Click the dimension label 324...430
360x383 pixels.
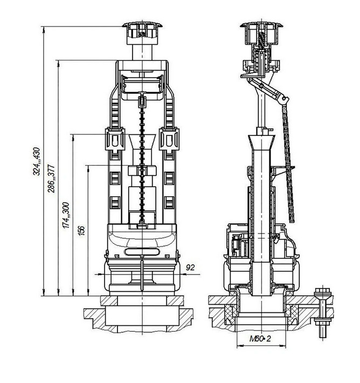tap(37, 161)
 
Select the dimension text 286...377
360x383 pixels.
tap(52, 179)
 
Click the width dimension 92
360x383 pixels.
tap(190, 268)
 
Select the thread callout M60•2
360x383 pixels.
tap(260, 339)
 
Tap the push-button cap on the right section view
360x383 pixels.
tap(261, 33)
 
